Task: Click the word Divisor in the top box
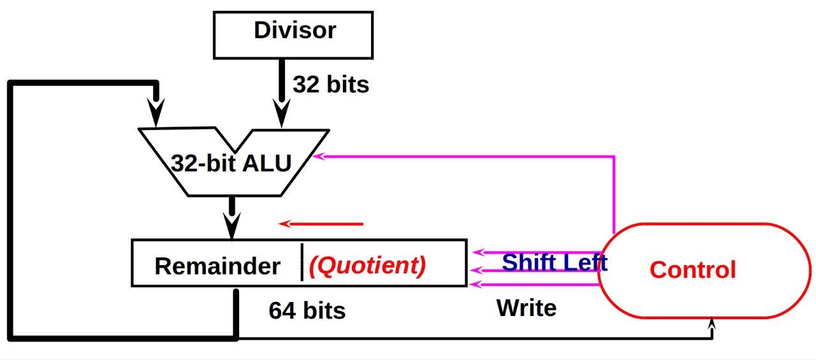pos(295,30)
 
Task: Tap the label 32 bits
pos(331,85)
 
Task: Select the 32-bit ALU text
pos(231,164)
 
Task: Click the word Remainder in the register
pos(217,266)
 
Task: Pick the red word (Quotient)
pos(367,266)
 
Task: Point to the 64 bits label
pos(307,310)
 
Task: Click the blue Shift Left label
pos(555,262)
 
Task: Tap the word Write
pos(527,308)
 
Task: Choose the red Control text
pos(693,270)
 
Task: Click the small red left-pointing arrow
pos(321,224)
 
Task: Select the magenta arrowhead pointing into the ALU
pos(318,156)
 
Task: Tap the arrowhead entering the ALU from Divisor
pos(282,113)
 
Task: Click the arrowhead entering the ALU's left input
pos(156,112)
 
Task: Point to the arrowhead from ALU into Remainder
pos(231,226)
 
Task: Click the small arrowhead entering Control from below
pos(712,324)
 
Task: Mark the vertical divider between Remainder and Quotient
pos(302,263)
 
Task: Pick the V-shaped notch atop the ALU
pos(235,141)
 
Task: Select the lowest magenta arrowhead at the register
pos(476,284)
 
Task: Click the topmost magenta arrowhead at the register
pos(478,252)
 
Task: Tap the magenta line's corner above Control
pos(614,157)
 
